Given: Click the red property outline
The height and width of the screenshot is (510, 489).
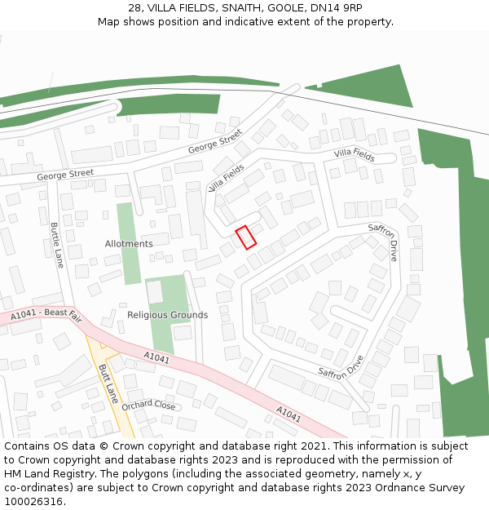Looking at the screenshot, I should (245, 237).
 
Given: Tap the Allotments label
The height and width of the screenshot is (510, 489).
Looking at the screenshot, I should (129, 244).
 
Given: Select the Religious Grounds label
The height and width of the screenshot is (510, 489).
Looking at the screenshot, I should (167, 315).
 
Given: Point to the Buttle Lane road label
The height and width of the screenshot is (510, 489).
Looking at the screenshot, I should (57, 245).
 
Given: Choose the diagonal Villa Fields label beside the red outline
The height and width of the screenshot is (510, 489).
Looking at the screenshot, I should (227, 178).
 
